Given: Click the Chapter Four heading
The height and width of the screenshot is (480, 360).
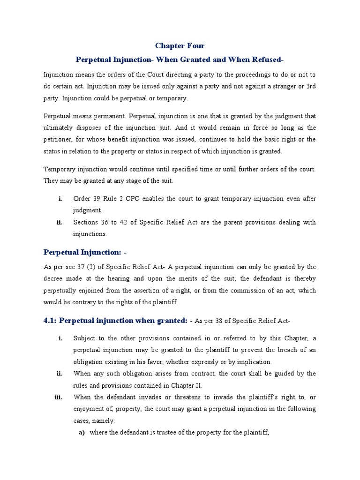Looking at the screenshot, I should coord(180,46).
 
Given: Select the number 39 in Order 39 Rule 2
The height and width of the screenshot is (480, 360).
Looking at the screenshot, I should coord(97,199).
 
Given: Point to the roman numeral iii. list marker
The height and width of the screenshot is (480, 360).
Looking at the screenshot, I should coord(59,397).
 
